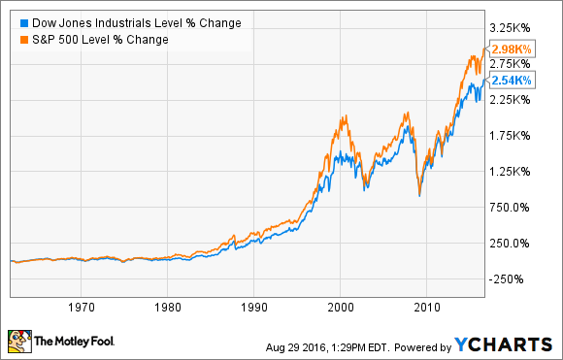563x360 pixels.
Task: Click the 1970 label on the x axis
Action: point(83,308)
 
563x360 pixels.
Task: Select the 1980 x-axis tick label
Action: point(168,308)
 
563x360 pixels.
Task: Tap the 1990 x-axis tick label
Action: point(253,308)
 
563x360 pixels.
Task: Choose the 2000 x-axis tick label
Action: point(340,308)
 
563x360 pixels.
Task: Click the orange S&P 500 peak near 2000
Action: point(342,116)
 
